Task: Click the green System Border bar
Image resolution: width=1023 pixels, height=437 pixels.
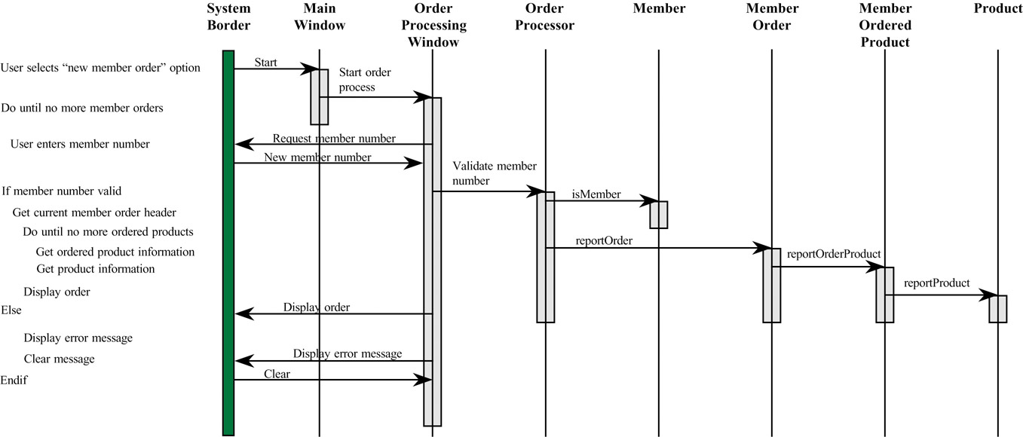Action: (228, 241)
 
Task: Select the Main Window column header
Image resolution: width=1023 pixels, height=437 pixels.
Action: (320, 17)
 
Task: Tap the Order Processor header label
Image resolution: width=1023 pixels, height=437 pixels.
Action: (546, 17)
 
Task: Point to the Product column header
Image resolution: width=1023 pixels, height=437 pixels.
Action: (998, 8)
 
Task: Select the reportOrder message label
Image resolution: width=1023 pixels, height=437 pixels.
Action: (603, 241)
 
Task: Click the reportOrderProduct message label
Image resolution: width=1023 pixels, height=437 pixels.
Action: (833, 254)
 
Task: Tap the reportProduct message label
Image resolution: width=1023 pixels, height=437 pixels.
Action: (937, 283)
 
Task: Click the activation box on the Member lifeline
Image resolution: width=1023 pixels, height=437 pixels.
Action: (658, 214)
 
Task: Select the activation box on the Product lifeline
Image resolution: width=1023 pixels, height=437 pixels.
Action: (997, 308)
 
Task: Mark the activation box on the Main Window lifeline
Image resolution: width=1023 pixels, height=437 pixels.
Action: (320, 96)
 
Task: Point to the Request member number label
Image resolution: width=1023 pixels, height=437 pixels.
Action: (333, 139)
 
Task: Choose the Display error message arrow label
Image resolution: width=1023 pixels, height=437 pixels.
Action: (347, 353)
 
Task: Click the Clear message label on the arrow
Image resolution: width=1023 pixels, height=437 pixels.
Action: (277, 373)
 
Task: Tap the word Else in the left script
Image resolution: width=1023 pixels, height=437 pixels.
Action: (11, 310)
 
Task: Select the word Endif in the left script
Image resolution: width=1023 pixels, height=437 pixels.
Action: (14, 380)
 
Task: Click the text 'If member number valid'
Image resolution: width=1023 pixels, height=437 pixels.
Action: (61, 191)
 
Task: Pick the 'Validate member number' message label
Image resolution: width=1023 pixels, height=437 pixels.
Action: (494, 173)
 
